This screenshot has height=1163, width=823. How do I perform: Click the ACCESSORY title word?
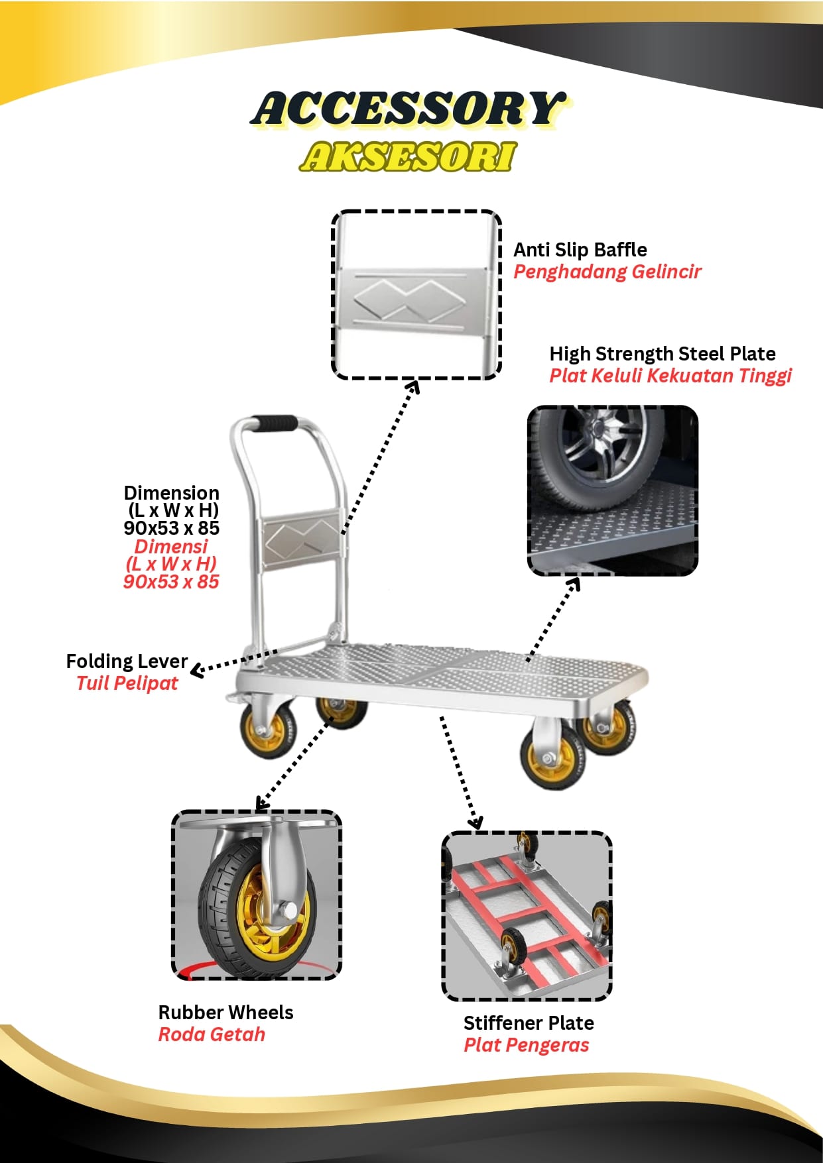point(408,109)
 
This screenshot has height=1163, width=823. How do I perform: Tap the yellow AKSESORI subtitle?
point(408,157)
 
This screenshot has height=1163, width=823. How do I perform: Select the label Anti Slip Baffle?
point(580,250)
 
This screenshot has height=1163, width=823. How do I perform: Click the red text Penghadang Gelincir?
point(607,272)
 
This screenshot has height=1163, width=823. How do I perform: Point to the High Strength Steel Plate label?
point(662,354)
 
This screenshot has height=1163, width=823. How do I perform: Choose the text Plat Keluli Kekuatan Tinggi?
point(670,376)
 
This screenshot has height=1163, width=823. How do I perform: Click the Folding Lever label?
point(127,661)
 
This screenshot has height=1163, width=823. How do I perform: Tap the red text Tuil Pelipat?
point(127,683)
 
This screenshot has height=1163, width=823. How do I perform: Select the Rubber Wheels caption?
point(225,1013)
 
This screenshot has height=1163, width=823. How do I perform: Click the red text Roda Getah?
point(212,1034)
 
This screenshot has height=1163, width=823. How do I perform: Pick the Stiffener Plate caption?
point(529,1023)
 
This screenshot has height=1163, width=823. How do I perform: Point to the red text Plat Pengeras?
point(526,1045)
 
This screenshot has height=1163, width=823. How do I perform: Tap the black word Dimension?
point(171,493)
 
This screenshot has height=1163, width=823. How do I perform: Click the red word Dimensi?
point(171,547)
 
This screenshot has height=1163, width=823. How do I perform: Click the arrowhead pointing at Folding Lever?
point(196,671)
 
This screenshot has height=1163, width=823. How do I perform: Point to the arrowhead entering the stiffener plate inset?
point(475,824)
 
